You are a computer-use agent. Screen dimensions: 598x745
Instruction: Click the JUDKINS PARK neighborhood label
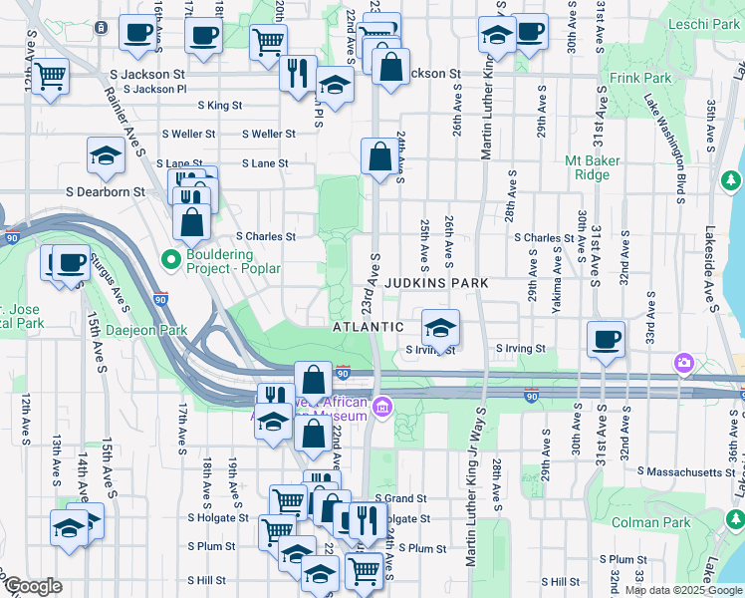438,283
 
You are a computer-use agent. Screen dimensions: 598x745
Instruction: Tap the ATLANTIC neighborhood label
368,327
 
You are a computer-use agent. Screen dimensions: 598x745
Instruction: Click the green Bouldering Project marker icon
171,260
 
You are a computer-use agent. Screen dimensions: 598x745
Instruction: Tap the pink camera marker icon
684,362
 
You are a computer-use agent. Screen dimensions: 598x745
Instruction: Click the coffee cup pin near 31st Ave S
605,339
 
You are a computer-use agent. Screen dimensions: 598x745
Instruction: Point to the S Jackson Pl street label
159,89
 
